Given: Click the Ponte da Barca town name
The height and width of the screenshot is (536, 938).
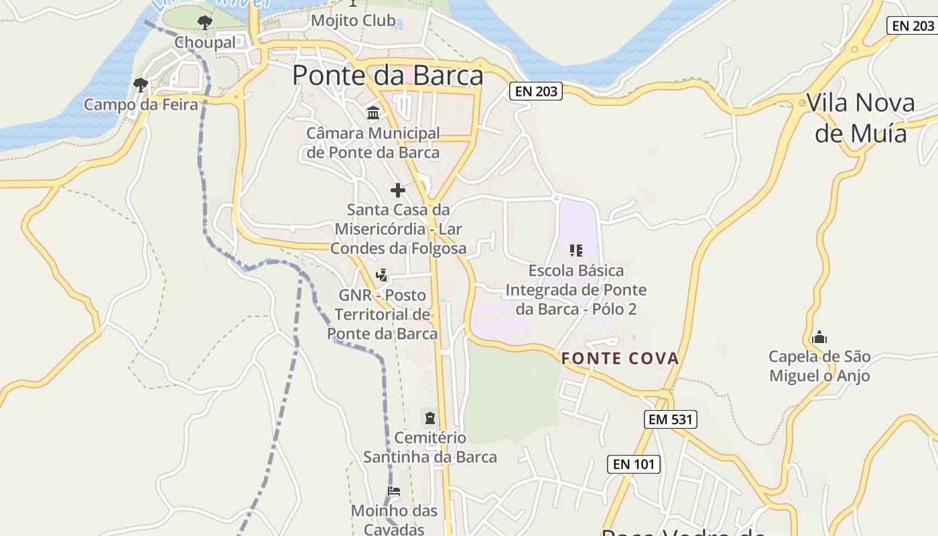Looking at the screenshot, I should pos(387,76).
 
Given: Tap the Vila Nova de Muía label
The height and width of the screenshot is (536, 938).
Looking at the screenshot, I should pos(860,118).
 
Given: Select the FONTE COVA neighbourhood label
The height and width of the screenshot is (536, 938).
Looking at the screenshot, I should pos(620,358).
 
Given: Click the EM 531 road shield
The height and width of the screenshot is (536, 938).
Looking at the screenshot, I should pos(671,420).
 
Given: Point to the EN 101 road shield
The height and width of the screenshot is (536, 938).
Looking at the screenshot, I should pos(634,464).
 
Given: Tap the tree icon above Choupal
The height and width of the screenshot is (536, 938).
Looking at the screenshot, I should pos(205,23).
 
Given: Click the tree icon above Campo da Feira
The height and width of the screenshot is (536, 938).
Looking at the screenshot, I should pos(141,85).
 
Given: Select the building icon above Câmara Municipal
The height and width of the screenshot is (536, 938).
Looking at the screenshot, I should pos(373,113).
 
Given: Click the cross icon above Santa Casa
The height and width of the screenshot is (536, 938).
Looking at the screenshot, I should pos(398,190).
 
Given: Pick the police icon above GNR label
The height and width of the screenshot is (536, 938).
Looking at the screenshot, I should pos(382,275).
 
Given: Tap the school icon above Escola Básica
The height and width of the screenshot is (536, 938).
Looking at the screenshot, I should pos(576,251).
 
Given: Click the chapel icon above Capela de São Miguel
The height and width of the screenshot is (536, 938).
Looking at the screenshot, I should pos(819,337).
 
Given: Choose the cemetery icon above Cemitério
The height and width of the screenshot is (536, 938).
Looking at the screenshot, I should pos(429,419).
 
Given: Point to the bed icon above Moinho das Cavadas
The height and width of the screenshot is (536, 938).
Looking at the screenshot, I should pos(394,492).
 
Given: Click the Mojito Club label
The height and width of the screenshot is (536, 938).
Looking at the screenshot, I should pos(353,21).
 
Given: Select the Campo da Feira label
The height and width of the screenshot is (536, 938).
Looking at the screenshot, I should pos(141,105).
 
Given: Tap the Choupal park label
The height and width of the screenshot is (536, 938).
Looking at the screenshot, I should pos(205,43).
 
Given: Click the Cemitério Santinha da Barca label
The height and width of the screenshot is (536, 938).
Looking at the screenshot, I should pos(430,448).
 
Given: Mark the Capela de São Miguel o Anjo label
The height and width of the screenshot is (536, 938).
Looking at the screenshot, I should pos(819,366).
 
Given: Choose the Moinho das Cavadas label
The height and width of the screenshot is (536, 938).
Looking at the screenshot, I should pos(394,520).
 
